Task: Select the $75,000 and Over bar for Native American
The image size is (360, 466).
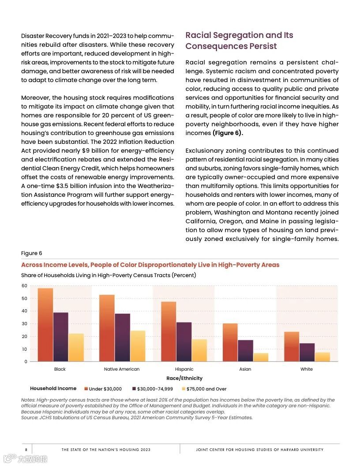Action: (x=138, y=346)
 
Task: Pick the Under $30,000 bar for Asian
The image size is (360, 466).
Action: (x=230, y=342)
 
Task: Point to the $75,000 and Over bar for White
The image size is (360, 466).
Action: (x=322, y=357)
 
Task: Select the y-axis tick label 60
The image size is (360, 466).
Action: (x=24, y=286)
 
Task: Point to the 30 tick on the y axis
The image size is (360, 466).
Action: (x=24, y=324)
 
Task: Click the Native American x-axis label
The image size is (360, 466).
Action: (x=122, y=369)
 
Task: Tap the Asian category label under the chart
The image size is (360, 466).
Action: (x=245, y=369)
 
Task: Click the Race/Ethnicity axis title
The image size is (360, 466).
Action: (x=184, y=378)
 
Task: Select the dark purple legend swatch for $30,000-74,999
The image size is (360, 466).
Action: (x=134, y=389)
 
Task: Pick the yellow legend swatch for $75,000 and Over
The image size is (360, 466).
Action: (x=183, y=389)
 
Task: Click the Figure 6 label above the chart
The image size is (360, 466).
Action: (x=32, y=253)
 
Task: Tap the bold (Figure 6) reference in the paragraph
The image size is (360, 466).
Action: (x=228, y=133)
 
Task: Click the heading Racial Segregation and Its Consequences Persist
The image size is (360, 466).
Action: (x=239, y=41)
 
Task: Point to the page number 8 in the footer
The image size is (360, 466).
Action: (x=26, y=450)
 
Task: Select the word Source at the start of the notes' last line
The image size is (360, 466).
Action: (x=29, y=417)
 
